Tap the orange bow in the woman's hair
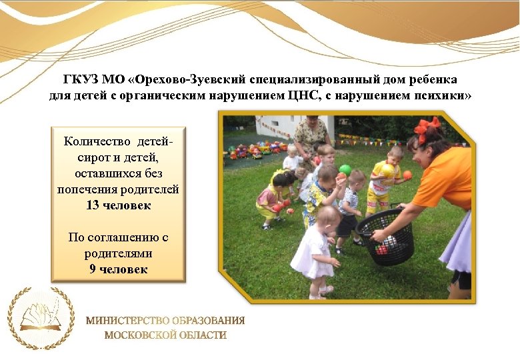click(x=427, y=127)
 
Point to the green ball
click(x=345, y=169)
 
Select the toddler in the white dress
click(x=315, y=250)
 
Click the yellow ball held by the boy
click(x=387, y=169)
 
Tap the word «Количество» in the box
click(x=99, y=141)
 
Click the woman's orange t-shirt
click(x=447, y=177)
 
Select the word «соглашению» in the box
click(x=121, y=237)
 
